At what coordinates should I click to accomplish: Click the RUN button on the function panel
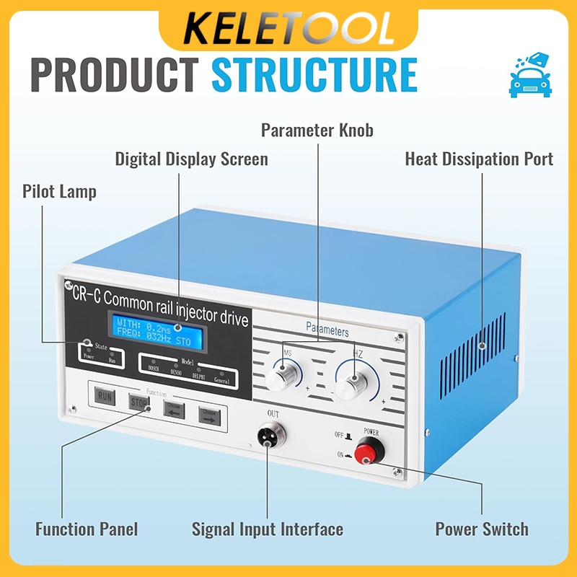click(105, 396)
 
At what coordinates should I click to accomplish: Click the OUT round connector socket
click(271, 437)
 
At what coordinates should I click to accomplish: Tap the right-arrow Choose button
click(210, 415)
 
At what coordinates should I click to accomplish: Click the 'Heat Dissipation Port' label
click(479, 159)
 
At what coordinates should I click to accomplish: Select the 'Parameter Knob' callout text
click(317, 131)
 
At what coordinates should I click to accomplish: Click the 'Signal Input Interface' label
click(267, 529)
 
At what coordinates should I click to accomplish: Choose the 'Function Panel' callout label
click(87, 529)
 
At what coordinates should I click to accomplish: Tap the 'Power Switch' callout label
click(482, 529)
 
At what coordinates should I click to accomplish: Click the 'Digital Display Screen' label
click(191, 159)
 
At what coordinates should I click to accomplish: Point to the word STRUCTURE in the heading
click(315, 74)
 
